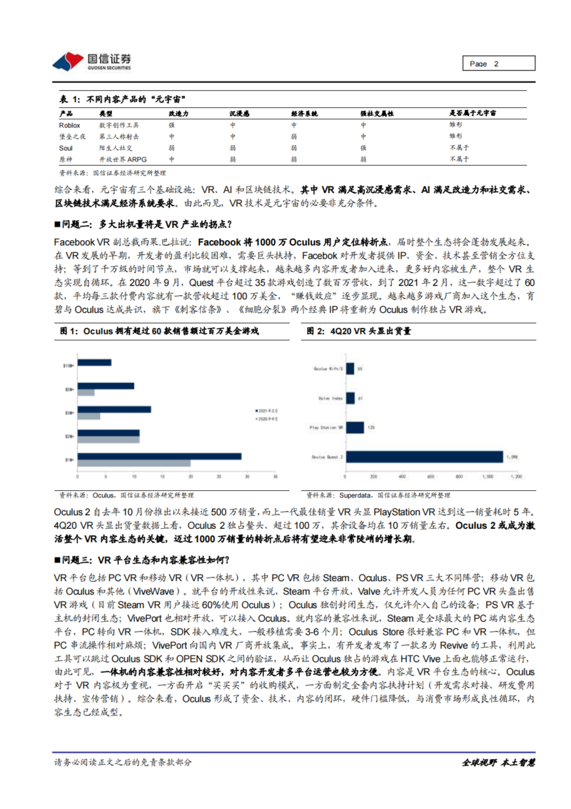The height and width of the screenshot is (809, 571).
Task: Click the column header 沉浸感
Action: [239, 113]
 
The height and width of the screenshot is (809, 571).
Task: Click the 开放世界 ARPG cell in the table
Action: [123, 159]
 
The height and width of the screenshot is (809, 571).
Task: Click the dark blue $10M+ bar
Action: [93, 364]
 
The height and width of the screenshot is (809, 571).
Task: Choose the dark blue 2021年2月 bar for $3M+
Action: [113, 409]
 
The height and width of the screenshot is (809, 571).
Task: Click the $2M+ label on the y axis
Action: [68, 435]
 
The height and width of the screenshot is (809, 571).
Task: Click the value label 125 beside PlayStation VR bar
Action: [370, 427]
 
